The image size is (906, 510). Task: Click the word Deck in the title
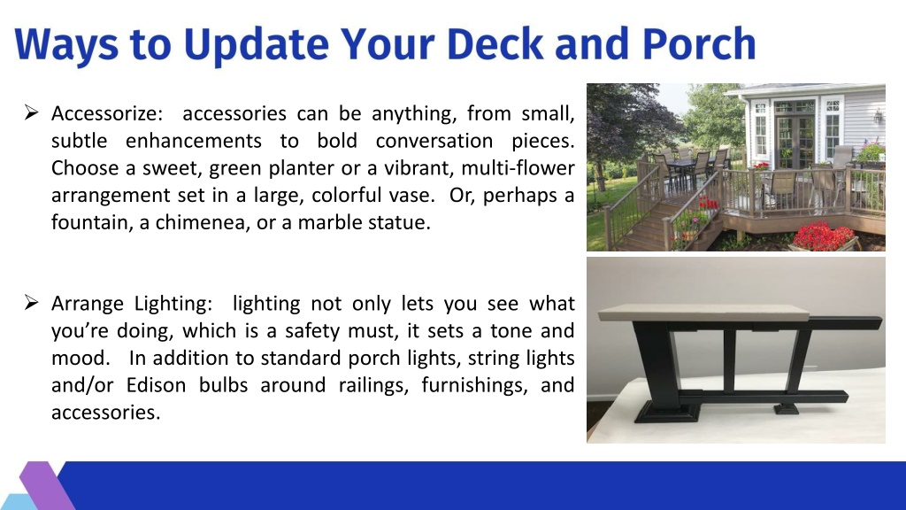[495, 44]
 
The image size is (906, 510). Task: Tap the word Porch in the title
[699, 44]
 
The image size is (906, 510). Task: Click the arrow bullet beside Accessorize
[31, 112]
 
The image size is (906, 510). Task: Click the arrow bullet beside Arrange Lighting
[31, 302]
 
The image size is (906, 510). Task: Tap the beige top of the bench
[703, 313]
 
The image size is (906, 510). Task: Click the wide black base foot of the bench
[667, 413]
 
